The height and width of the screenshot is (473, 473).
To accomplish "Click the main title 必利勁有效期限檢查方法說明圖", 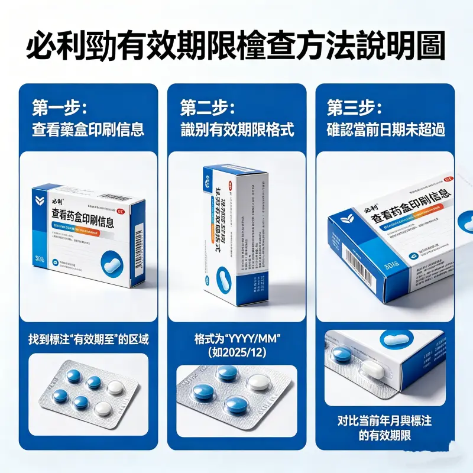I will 237,46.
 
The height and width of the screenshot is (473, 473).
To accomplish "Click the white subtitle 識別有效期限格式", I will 237,129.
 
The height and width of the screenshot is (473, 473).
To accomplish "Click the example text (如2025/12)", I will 237,352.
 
